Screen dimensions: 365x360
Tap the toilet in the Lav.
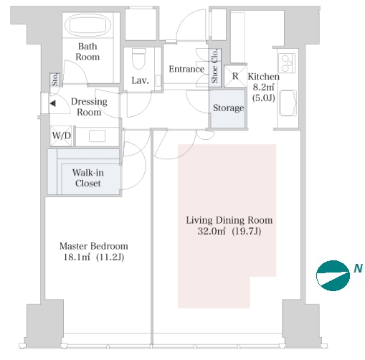pyautogui.click(x=138, y=59)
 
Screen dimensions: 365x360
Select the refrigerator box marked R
pyautogui.click(x=235, y=76)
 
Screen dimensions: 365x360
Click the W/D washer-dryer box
pyautogui.click(x=61, y=136)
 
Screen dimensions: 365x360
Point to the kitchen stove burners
pyautogui.click(x=287, y=63)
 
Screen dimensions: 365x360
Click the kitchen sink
pyautogui.click(x=288, y=103)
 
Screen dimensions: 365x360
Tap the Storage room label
pyautogui.click(x=228, y=108)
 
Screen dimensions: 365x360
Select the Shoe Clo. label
pyautogui.click(x=214, y=66)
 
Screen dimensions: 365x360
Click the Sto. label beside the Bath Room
pyautogui.click(x=55, y=79)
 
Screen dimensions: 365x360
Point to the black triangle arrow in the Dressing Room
pyautogui.click(x=53, y=103)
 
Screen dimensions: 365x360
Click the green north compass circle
pyautogui.click(x=333, y=275)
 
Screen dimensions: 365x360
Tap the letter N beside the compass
pyautogui.click(x=358, y=268)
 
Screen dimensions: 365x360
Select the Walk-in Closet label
pyautogui.click(x=88, y=178)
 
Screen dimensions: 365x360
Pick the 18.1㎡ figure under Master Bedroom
pyautogui.click(x=77, y=257)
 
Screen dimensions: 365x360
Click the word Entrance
pyautogui.click(x=186, y=69)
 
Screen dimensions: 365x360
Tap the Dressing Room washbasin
pyautogui.click(x=97, y=136)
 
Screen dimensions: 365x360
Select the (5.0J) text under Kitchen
pyautogui.click(x=264, y=98)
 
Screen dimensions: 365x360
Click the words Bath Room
pyautogui.click(x=87, y=52)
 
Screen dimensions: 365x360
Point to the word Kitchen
pyautogui.click(x=264, y=77)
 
